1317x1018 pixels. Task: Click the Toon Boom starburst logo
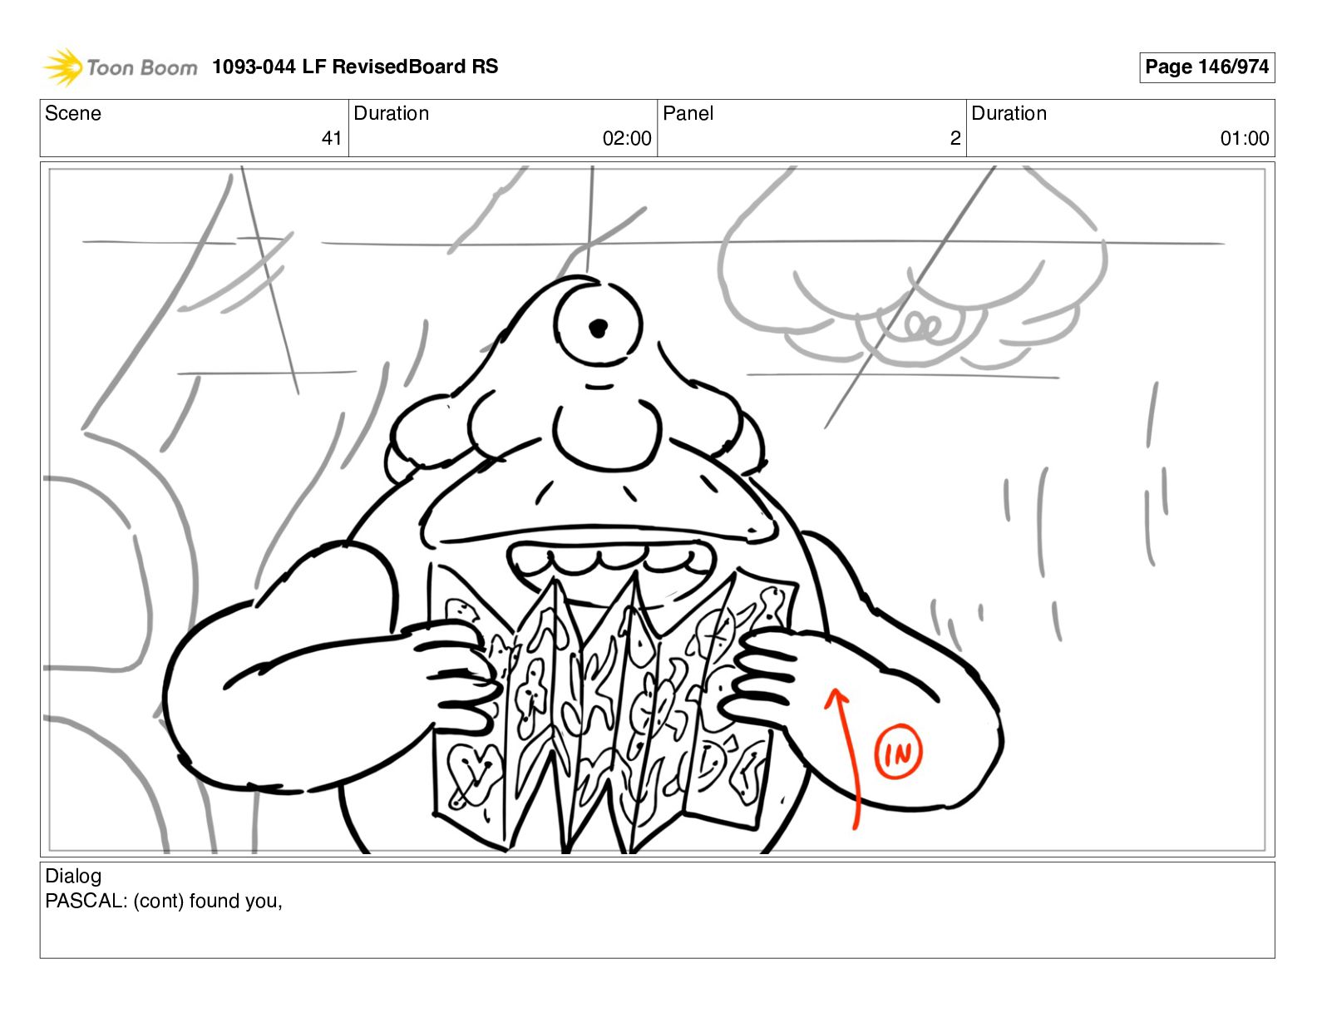62,67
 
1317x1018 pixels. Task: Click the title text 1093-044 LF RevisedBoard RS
354,66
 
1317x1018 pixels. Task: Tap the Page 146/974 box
1206,67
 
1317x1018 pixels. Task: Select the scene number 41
331,138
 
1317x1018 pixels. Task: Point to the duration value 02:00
627,138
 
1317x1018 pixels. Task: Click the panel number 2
955,138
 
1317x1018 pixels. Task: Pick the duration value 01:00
1245,138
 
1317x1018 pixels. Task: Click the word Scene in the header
72,113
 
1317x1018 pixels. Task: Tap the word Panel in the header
688,113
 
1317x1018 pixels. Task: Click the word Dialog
73,877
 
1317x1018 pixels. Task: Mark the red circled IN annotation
898,751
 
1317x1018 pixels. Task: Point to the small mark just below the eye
599,386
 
